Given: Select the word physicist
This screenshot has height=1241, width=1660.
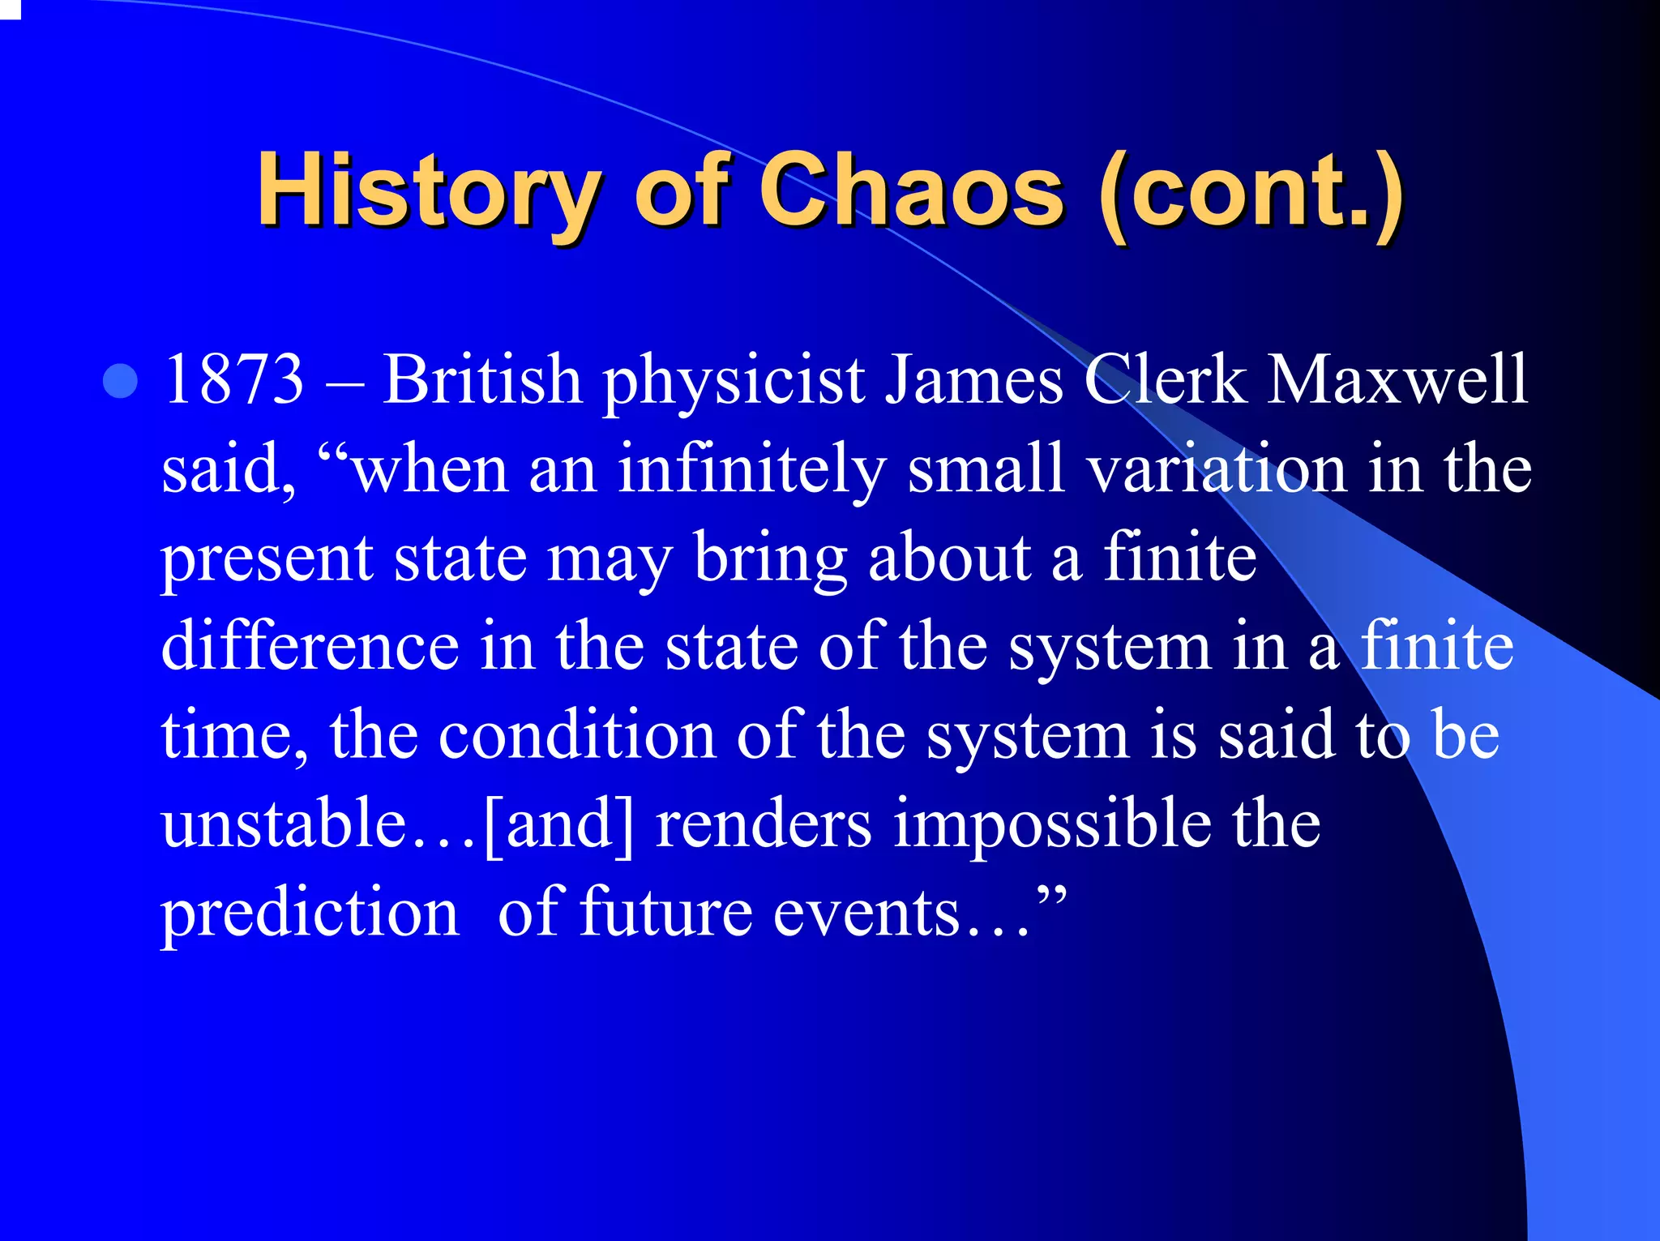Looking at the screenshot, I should (734, 381).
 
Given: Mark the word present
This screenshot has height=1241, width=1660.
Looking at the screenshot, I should (267, 559).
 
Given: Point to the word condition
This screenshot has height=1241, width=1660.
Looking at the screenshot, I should (577, 735).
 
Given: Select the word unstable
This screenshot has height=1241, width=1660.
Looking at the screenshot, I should (283, 824).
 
